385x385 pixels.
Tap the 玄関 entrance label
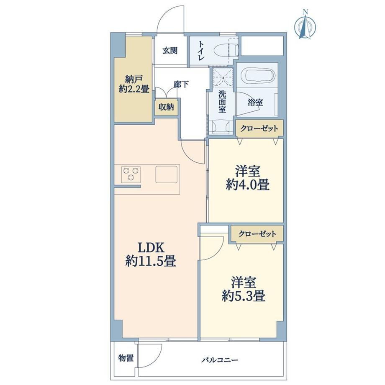click(x=170, y=51)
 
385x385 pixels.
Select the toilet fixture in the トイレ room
click(x=226, y=51)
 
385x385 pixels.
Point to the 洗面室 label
click(x=222, y=102)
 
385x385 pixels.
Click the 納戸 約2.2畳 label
click(x=134, y=84)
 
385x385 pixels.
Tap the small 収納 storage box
click(x=166, y=107)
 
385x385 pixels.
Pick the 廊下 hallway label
click(x=181, y=85)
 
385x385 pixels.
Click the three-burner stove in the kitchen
click(x=131, y=175)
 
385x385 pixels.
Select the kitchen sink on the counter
click(x=167, y=175)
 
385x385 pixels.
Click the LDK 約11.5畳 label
click(x=151, y=254)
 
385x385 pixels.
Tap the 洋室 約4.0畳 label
click(x=247, y=178)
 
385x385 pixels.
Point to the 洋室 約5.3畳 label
click(x=243, y=289)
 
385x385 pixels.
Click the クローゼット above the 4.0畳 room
click(x=259, y=128)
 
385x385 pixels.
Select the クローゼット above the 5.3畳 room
click(x=257, y=234)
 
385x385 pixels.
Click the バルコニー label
click(x=220, y=360)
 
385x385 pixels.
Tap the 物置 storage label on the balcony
click(x=126, y=358)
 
